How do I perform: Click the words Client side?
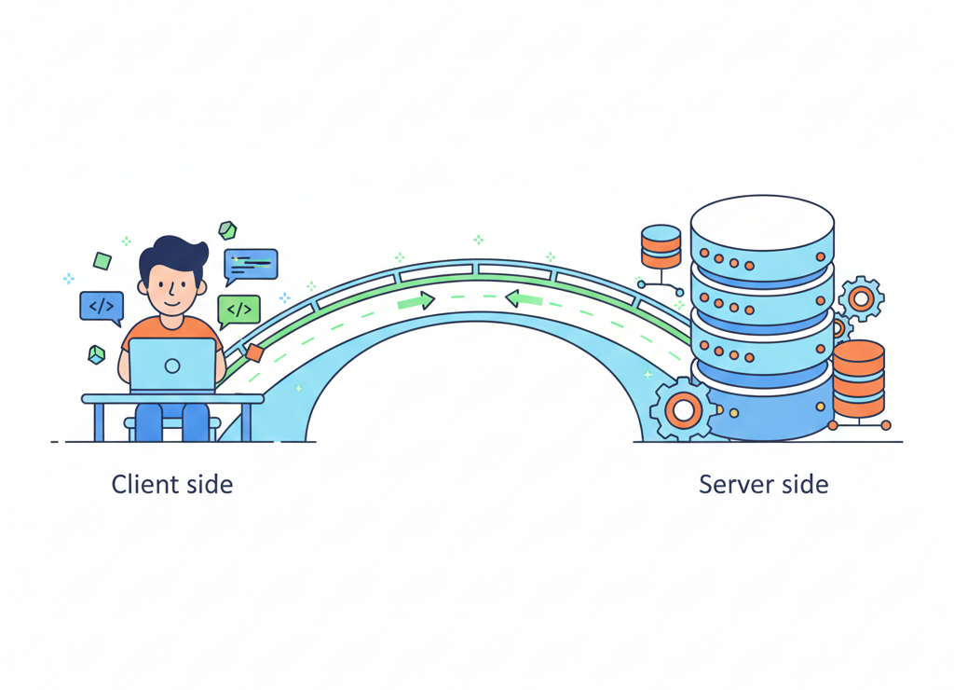click(x=171, y=485)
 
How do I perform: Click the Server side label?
click(x=763, y=485)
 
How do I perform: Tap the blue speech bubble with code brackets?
click(x=101, y=306)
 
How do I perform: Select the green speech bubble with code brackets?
click(x=238, y=309)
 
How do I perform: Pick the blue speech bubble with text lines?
click(x=251, y=265)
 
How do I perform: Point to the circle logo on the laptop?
click(x=172, y=366)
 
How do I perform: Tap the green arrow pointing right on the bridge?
click(x=416, y=301)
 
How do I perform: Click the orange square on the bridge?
click(x=253, y=352)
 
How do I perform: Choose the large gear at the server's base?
click(x=684, y=408)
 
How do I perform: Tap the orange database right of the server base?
click(x=858, y=379)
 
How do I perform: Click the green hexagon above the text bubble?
click(x=227, y=229)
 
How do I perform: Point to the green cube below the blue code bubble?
click(x=96, y=354)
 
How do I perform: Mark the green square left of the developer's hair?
click(x=102, y=261)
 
